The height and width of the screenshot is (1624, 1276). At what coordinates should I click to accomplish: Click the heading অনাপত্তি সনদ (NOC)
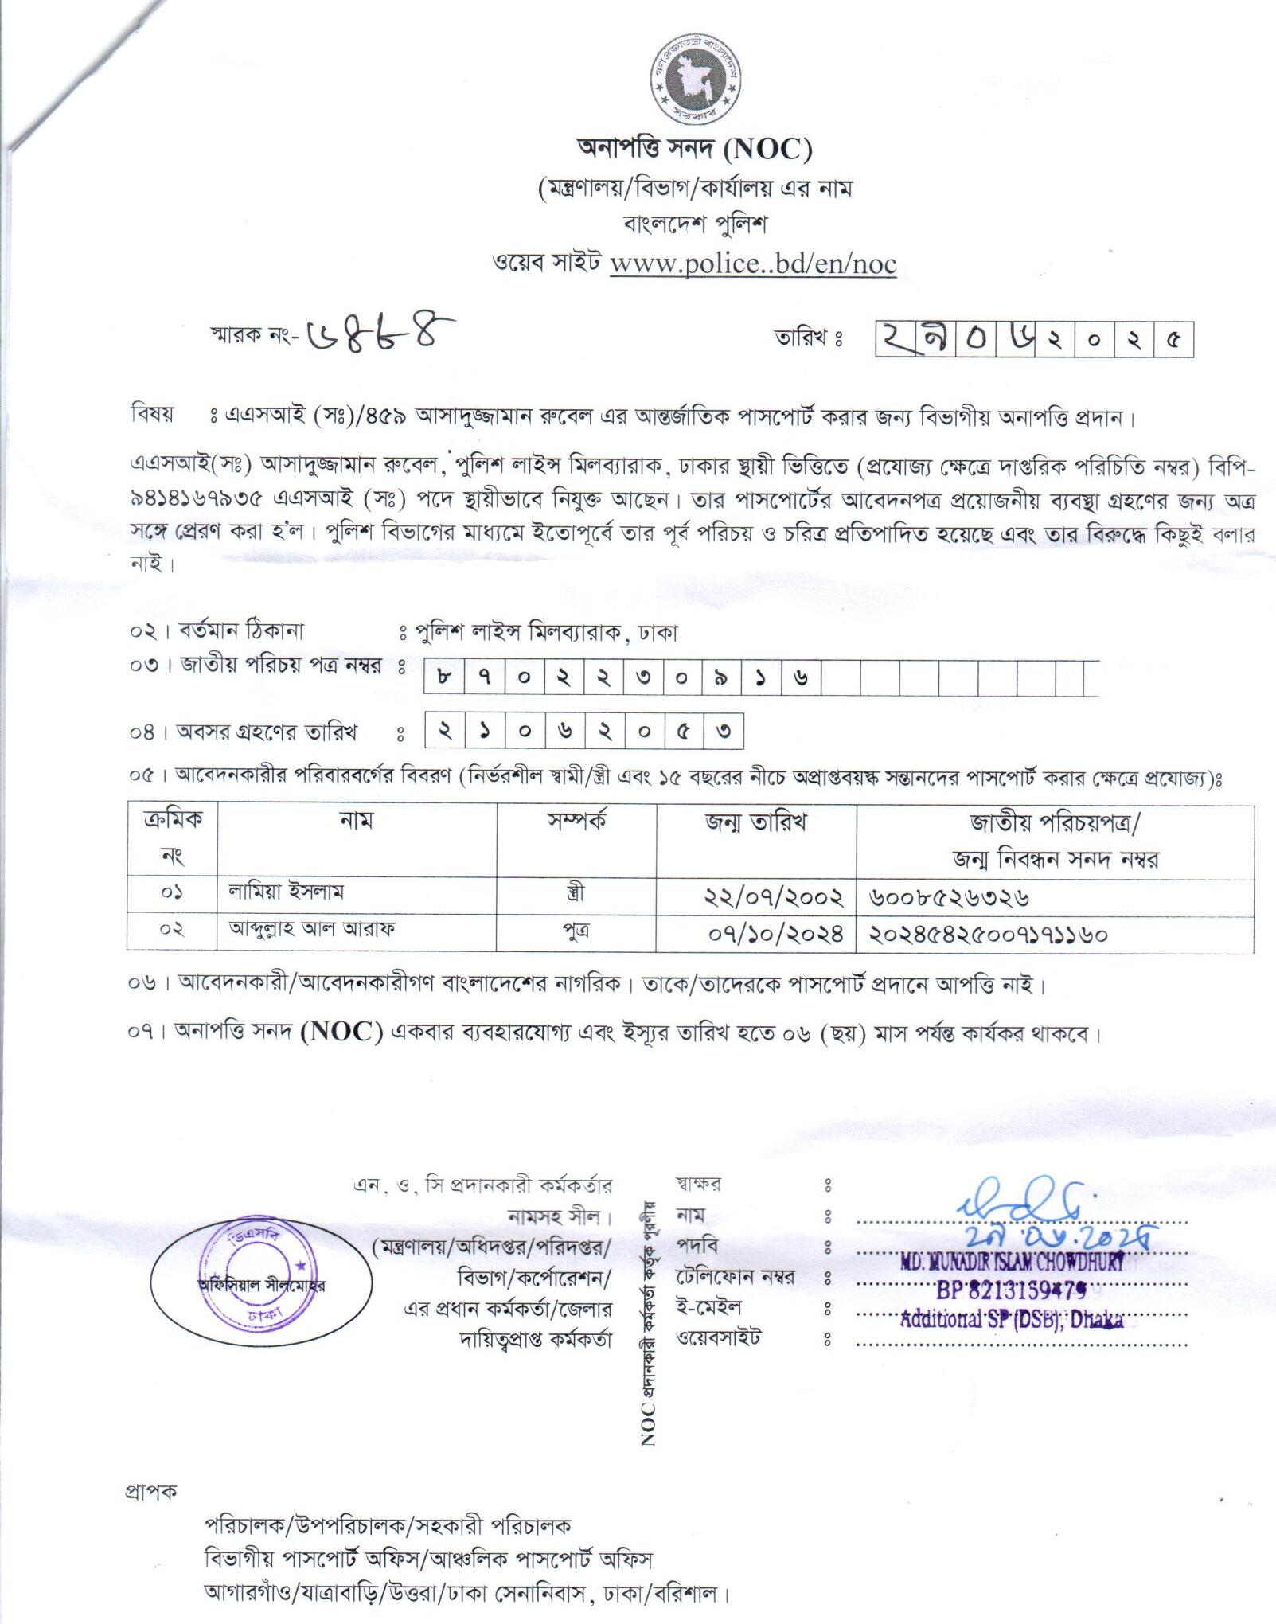[694, 149]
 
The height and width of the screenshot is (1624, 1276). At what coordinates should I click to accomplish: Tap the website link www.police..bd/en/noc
[753, 264]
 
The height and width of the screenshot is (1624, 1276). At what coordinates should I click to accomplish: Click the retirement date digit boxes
[583, 731]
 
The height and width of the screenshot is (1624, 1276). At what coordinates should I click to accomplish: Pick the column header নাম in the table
[356, 821]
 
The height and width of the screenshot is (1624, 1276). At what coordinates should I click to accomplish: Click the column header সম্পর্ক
[576, 821]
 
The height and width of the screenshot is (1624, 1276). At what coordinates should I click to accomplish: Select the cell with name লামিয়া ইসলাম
[286, 892]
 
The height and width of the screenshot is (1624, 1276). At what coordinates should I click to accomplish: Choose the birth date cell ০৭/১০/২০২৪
[775, 934]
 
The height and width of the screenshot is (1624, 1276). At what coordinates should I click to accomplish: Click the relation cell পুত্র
[576, 931]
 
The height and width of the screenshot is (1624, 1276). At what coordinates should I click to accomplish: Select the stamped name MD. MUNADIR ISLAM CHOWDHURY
[1012, 1261]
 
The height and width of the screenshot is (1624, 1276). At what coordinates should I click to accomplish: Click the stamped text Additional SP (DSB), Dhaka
[1011, 1320]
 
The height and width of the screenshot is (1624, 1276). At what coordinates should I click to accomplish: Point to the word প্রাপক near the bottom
[151, 1491]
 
